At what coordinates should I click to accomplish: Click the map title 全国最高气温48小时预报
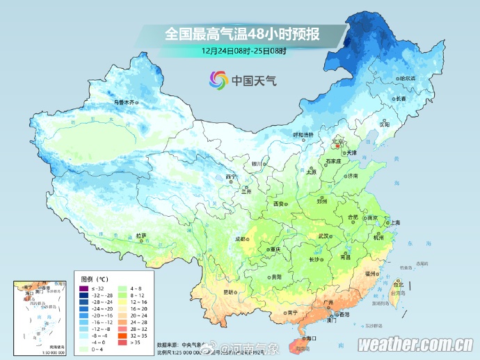[x=243, y=34]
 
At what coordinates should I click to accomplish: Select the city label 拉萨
[x=141, y=236]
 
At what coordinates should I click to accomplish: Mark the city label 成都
[x=241, y=239]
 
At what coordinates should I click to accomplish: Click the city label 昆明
[x=229, y=292]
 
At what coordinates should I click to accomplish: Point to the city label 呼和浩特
[x=303, y=134]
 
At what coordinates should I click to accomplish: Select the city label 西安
[x=279, y=204]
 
